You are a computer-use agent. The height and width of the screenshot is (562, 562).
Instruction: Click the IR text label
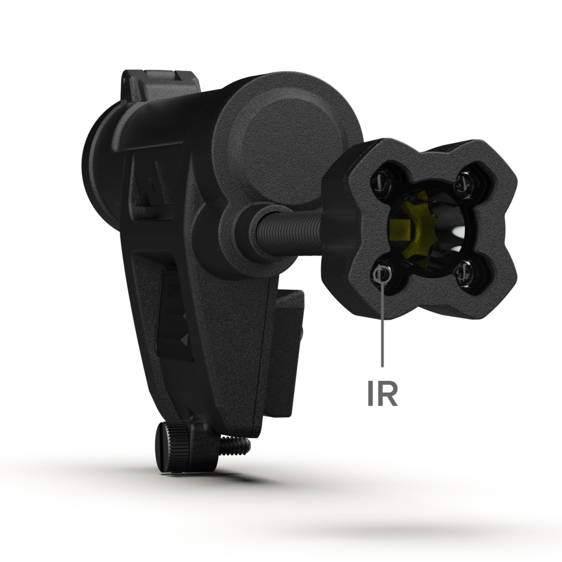point(383,394)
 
